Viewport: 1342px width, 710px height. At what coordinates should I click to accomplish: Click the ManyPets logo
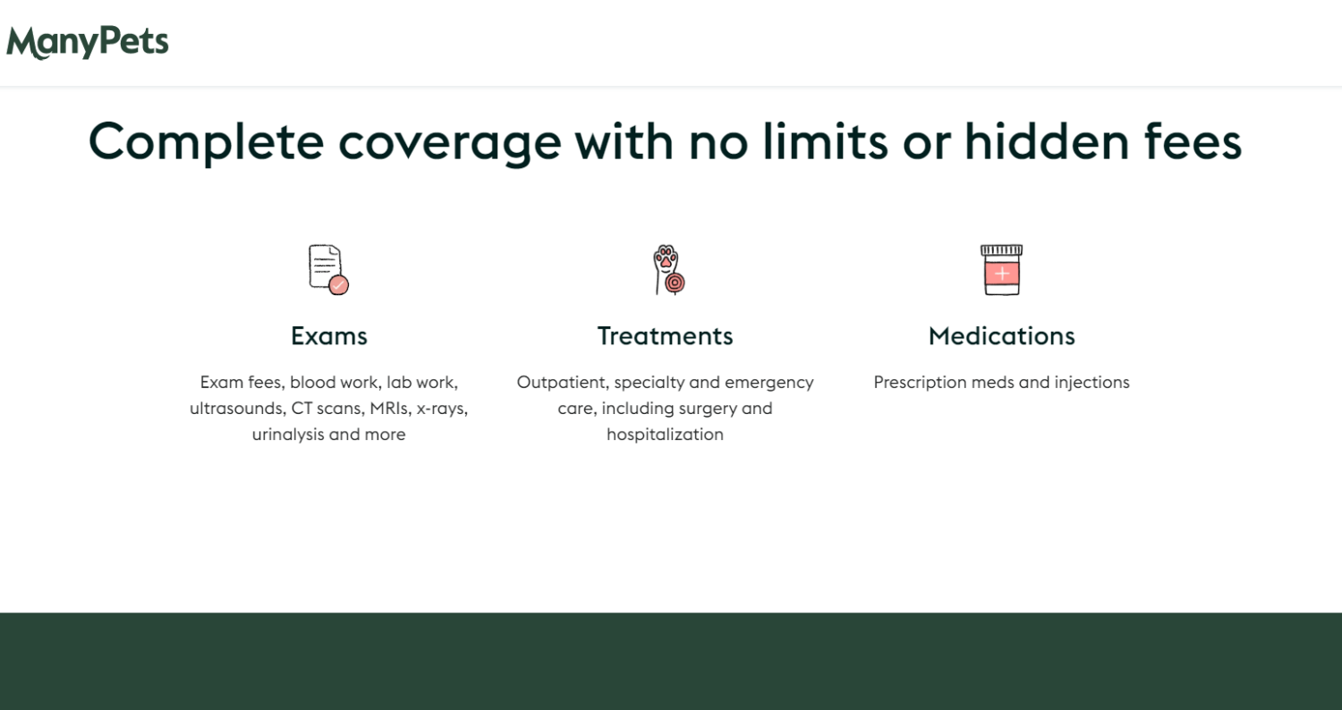pyautogui.click(x=88, y=43)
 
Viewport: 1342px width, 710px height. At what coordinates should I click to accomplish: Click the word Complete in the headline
pyautogui.click(x=206, y=143)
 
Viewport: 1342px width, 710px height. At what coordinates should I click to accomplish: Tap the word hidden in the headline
pyautogui.click(x=1047, y=141)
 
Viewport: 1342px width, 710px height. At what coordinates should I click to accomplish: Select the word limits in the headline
pyautogui.click(x=825, y=141)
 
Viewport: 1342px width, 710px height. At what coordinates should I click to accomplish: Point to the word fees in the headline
pyautogui.click(x=1193, y=141)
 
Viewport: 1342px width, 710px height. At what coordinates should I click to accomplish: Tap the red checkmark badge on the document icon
pyautogui.click(x=338, y=285)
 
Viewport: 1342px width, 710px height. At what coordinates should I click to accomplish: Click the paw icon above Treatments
pyautogui.click(x=668, y=269)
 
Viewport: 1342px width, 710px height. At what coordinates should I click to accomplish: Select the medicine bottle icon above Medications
pyautogui.click(x=1002, y=269)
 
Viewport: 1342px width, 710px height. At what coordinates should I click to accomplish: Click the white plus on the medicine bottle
pyautogui.click(x=1002, y=275)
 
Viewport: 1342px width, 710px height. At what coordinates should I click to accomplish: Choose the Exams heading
pyautogui.click(x=329, y=336)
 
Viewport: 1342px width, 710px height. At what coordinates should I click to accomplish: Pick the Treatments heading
pyautogui.click(x=665, y=336)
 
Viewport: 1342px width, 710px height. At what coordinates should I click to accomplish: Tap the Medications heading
pyautogui.click(x=1002, y=336)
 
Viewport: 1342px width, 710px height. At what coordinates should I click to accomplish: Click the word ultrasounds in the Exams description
pyautogui.click(x=238, y=409)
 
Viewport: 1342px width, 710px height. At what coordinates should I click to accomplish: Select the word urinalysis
pyautogui.click(x=288, y=434)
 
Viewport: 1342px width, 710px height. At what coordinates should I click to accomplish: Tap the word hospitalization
pyautogui.click(x=665, y=434)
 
